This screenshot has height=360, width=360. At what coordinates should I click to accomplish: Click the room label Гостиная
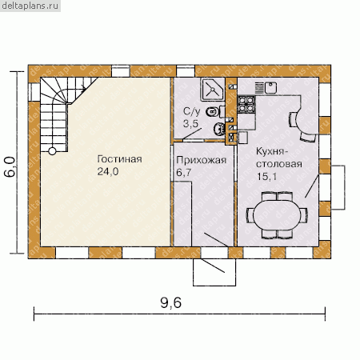pyautogui.click(x=119, y=159)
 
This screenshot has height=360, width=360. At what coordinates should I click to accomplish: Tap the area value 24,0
pyautogui.click(x=108, y=171)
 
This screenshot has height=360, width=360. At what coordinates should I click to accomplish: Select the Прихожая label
pyautogui.click(x=202, y=160)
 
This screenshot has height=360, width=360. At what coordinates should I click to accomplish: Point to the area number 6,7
pyautogui.click(x=184, y=173)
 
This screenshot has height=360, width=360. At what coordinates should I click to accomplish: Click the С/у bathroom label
pyautogui.click(x=191, y=111)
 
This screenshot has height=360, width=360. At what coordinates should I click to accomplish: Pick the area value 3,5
pyautogui.click(x=191, y=124)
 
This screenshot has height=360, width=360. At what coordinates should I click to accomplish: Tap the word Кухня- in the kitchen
pyautogui.click(x=272, y=151)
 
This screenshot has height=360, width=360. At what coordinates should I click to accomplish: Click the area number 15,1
pyautogui.click(x=267, y=176)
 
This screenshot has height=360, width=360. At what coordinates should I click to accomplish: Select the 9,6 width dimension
pyautogui.click(x=171, y=302)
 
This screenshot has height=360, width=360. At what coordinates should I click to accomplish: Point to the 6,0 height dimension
pyautogui.click(x=10, y=166)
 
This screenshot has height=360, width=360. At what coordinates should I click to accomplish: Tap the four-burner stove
pyautogui.click(x=246, y=104)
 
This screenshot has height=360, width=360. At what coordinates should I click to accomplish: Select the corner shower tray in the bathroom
pyautogui.click(x=213, y=90)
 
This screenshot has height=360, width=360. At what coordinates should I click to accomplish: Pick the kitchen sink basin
pyautogui.click(x=270, y=88)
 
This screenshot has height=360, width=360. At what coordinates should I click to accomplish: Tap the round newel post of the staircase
pyautogui.click(x=52, y=151)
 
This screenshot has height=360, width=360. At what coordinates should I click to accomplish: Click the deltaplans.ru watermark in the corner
pyautogui.click(x=30, y=6)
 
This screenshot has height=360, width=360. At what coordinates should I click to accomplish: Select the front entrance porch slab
pyautogui.click(x=214, y=272)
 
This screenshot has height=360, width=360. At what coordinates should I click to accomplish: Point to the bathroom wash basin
pyautogui.click(x=219, y=129)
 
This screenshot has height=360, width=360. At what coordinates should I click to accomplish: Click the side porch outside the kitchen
pyautogui.click(x=338, y=187)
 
